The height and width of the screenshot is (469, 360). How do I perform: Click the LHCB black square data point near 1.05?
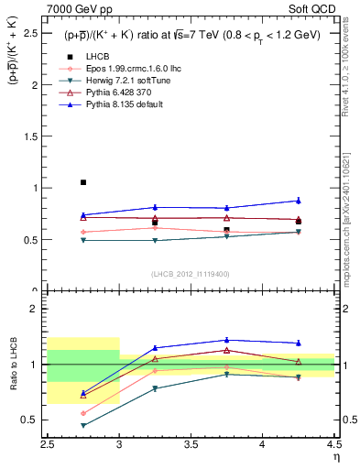pos(83,182)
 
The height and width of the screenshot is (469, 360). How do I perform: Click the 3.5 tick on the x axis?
pos(191,445)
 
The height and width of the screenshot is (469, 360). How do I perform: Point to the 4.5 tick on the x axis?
pos(333,445)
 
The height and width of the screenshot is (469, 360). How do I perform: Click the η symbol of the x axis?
pos(335,457)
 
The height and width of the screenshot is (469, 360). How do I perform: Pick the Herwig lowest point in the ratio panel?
pos(83,425)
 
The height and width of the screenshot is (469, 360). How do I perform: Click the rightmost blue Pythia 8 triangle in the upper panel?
pos(298,200)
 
